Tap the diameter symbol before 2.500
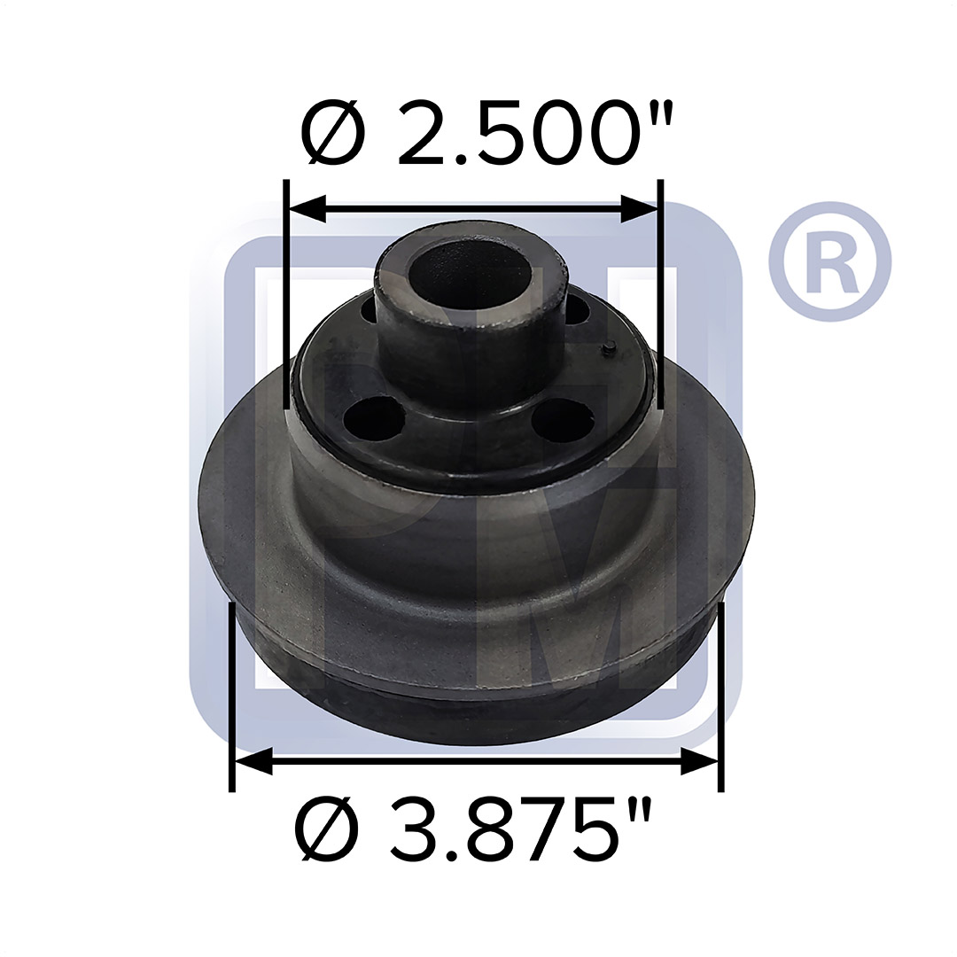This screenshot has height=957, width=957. pos(335,135)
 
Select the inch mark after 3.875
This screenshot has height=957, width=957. pos(642,813)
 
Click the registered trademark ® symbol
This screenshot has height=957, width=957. pos(829,262)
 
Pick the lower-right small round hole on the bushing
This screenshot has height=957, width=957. pos(564,417)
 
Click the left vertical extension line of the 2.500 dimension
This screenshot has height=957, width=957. pos(286,292)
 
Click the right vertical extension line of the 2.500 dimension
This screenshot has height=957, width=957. pos(660,292)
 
